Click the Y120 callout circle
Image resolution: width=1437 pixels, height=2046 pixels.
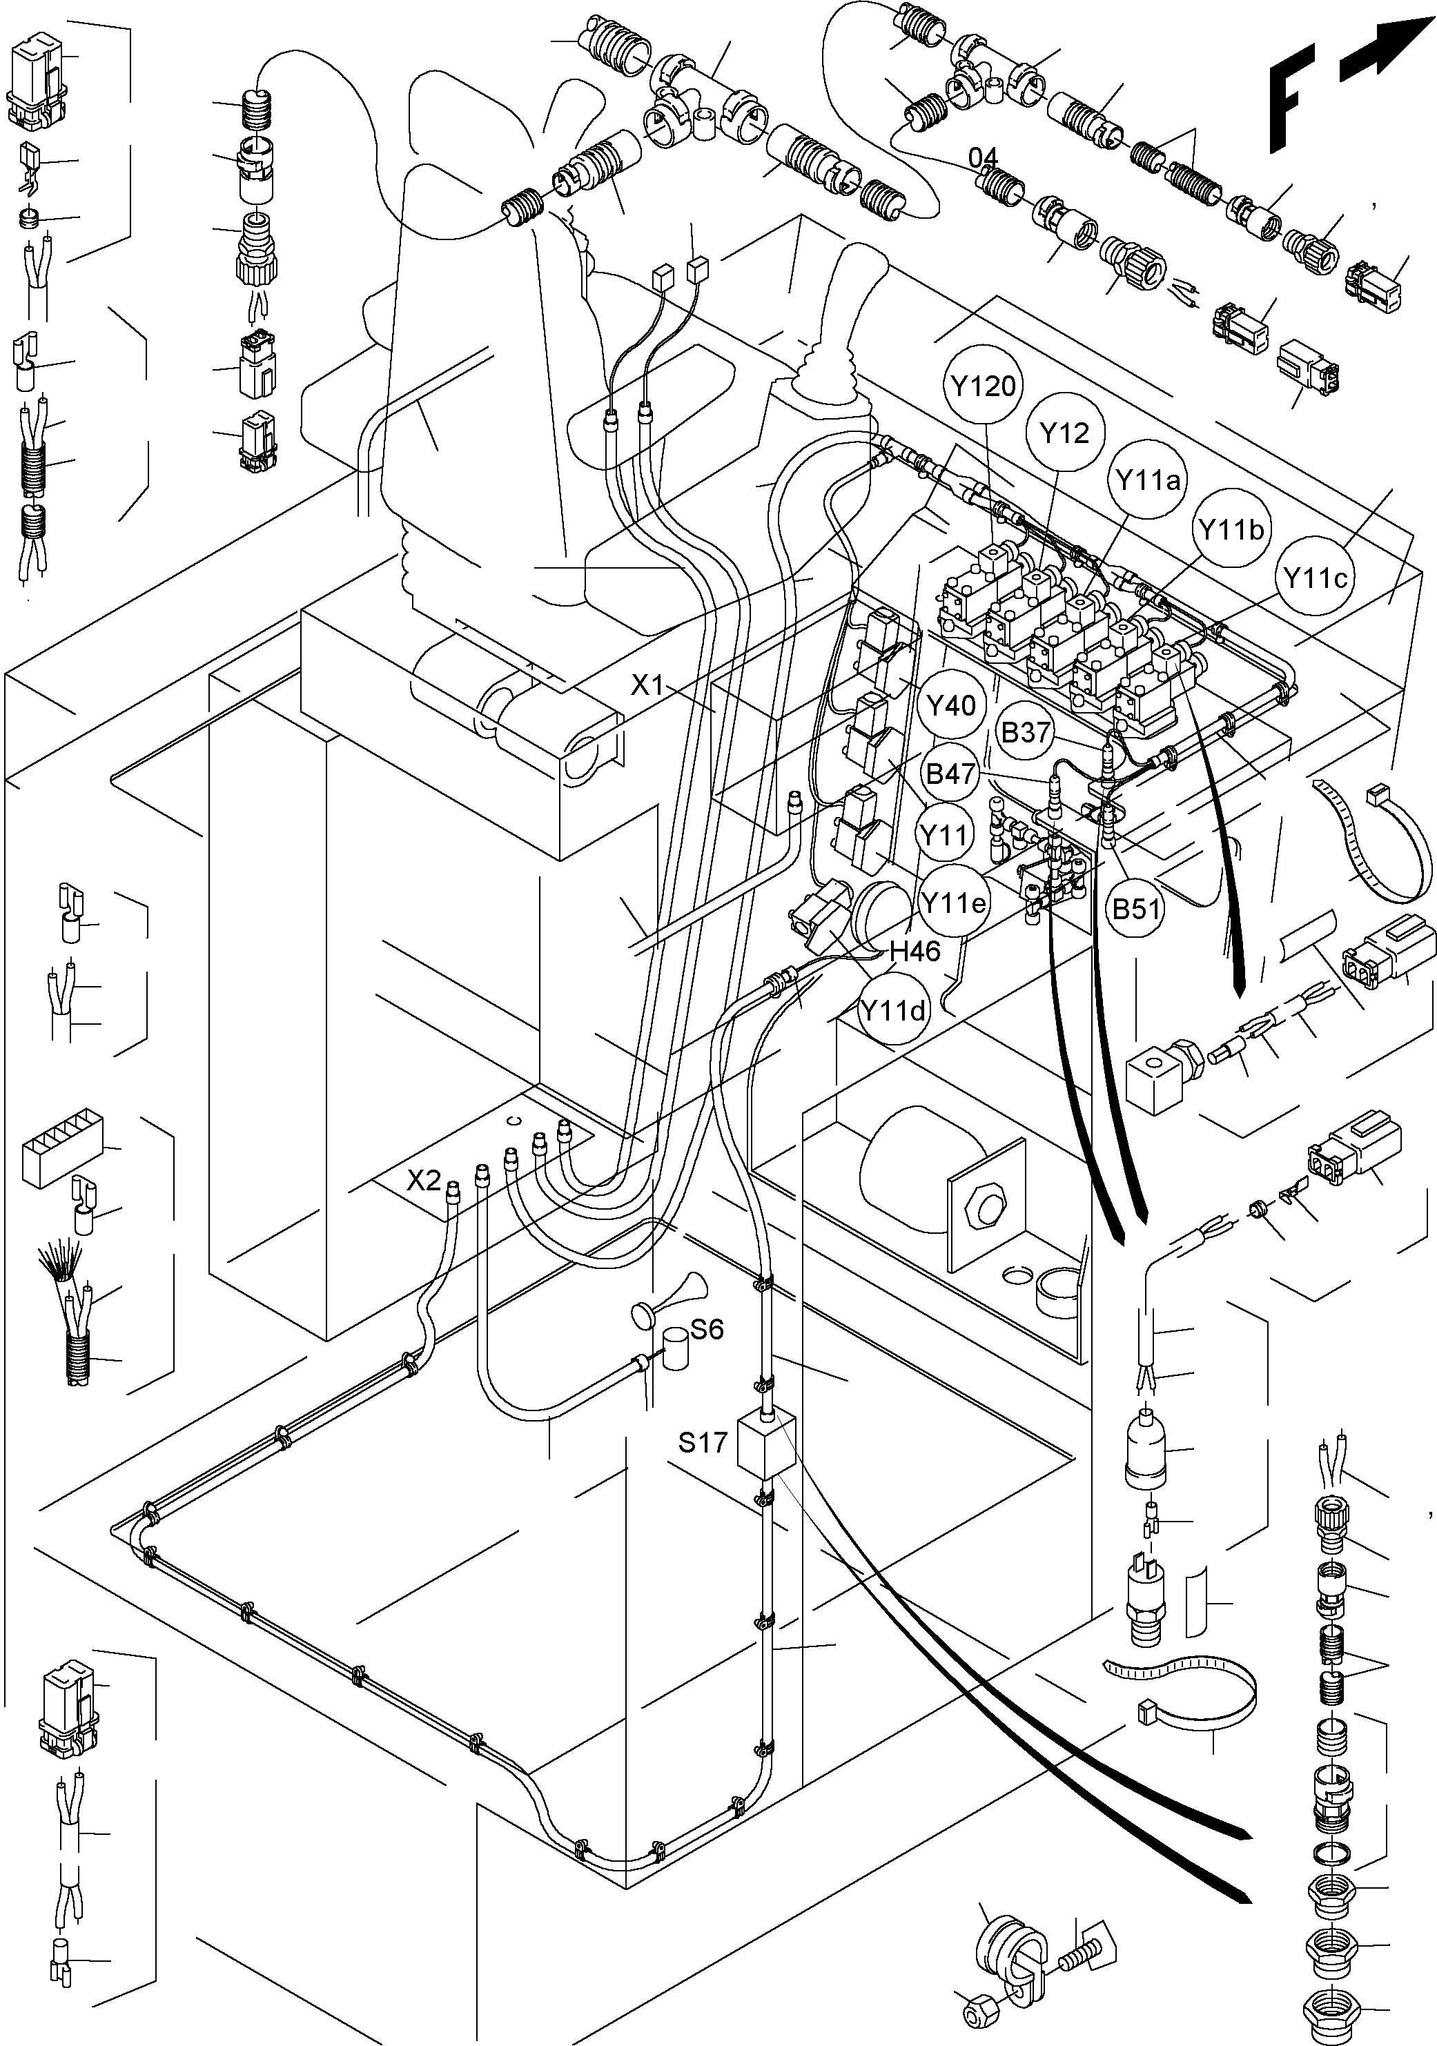coord(984,386)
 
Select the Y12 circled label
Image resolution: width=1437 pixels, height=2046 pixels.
coord(1065,433)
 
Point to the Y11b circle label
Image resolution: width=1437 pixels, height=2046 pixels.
coord(1231,530)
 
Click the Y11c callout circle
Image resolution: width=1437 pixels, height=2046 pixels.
coord(1315,578)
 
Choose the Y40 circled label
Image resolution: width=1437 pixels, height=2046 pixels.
coord(951,706)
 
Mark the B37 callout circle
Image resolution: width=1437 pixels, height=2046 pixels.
coord(1026,733)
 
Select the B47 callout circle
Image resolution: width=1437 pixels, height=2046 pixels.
coord(951,774)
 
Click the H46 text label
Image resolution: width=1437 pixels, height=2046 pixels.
coord(915,952)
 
